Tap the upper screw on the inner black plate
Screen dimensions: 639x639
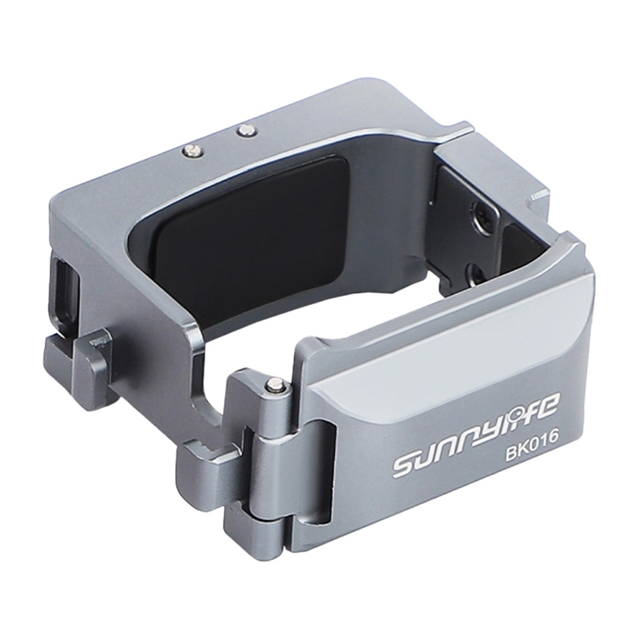click(x=482, y=214)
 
